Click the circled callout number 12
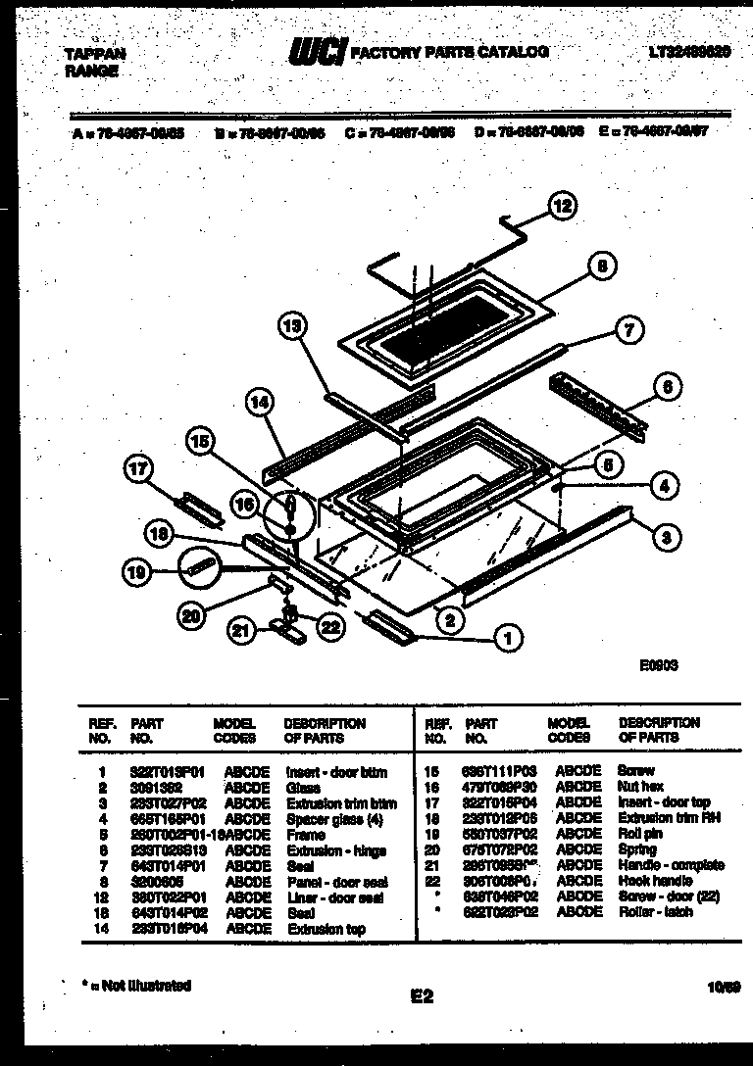(x=561, y=206)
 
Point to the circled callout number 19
(x=138, y=571)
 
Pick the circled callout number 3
(x=666, y=535)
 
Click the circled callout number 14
(x=261, y=401)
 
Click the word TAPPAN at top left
(x=96, y=54)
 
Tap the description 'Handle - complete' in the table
(x=671, y=865)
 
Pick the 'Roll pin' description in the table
(x=640, y=834)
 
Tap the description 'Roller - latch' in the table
(x=655, y=911)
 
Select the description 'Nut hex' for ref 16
(x=640, y=787)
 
